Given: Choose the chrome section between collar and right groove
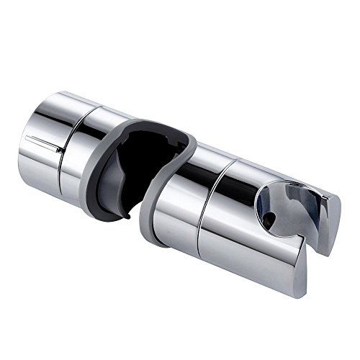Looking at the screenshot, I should click(184, 194).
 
